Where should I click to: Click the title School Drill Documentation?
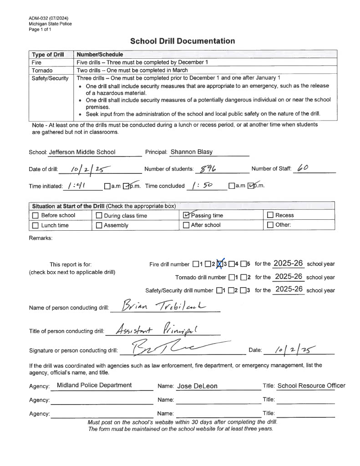183,41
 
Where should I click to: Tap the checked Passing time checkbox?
186,215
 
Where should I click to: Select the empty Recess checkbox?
270,215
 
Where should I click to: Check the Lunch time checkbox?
35,225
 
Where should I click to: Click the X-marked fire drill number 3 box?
220,264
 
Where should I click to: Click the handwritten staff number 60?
303,168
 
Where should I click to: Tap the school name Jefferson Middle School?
82,152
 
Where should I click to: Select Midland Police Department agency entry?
94,385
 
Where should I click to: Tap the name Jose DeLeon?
197,386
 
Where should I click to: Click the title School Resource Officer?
311,385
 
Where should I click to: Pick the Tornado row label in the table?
42,71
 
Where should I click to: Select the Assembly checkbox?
99,225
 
